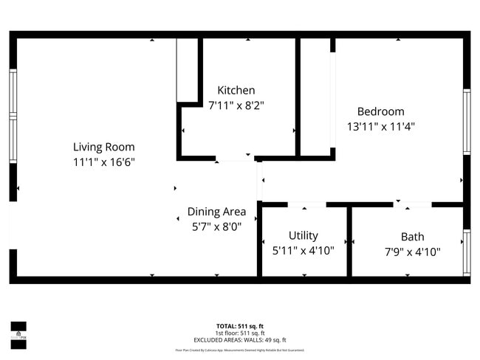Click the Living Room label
tap(103, 147)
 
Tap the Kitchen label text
tap(236, 90)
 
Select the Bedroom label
tap(380, 111)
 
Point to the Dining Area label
tap(216, 212)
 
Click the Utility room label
tap(304, 235)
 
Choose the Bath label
tap(412, 237)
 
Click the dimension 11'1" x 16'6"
tap(103, 162)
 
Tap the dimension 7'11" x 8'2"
tap(236, 105)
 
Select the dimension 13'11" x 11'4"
tap(380, 126)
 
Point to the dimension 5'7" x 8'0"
tap(216, 227)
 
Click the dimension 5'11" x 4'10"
tap(304, 251)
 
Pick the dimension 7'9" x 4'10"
tap(412, 252)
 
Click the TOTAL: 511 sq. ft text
tap(239, 326)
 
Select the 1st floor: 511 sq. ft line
tap(239, 332)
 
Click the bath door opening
tap(413, 204)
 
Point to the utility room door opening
tap(306, 204)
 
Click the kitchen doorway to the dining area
tap(234, 158)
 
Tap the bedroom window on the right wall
tap(466, 122)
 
